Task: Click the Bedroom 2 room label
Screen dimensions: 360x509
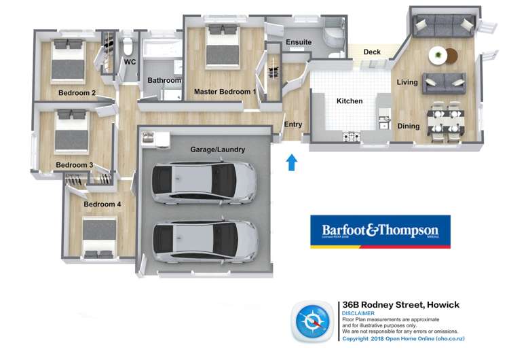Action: pyautogui.click(x=76, y=93)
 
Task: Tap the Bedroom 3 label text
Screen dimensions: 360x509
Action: pyautogui.click(x=74, y=165)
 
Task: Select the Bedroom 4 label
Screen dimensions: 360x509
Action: pyautogui.click(x=102, y=204)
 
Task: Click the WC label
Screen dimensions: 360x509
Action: pyautogui.click(x=130, y=62)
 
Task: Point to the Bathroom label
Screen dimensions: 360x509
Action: pyautogui.click(x=164, y=81)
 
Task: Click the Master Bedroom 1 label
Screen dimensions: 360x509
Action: pyautogui.click(x=225, y=91)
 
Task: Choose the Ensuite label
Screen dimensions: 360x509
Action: pyautogui.click(x=298, y=43)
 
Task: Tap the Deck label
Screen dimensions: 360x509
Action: pyautogui.click(x=371, y=52)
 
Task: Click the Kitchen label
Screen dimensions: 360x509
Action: pyautogui.click(x=350, y=101)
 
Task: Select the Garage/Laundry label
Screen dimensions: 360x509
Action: pyautogui.click(x=217, y=149)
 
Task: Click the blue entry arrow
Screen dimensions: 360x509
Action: pyautogui.click(x=291, y=162)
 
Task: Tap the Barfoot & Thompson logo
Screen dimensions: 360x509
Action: pyautogui.click(x=380, y=232)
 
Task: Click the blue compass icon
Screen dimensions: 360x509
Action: pyautogui.click(x=313, y=321)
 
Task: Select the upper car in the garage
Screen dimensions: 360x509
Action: pyautogui.click(x=204, y=183)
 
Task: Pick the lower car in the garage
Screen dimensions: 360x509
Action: pyautogui.click(x=204, y=241)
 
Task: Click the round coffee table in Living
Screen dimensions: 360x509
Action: pyautogui.click(x=440, y=54)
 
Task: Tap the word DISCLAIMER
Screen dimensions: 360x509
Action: pyautogui.click(x=360, y=314)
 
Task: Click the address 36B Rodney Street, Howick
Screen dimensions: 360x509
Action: pyautogui.click(x=400, y=305)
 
